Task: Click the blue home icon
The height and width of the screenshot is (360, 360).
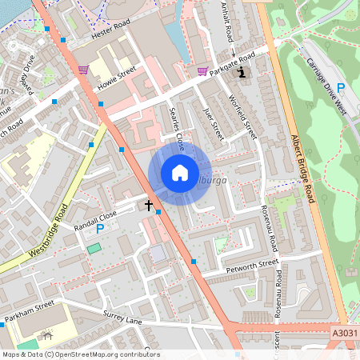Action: pyautogui.click(x=180, y=173)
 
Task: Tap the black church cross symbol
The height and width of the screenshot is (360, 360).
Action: pyautogui.click(x=148, y=206)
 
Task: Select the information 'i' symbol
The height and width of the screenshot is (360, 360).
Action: pyautogui.click(x=243, y=71)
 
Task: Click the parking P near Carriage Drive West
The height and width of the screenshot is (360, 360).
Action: pyautogui.click(x=341, y=88)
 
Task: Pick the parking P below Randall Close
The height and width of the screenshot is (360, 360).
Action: pyautogui.click(x=100, y=229)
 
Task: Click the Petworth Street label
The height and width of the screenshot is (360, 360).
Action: pyautogui.click(x=252, y=262)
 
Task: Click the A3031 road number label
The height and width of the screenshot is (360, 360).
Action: pyautogui.click(x=342, y=331)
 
